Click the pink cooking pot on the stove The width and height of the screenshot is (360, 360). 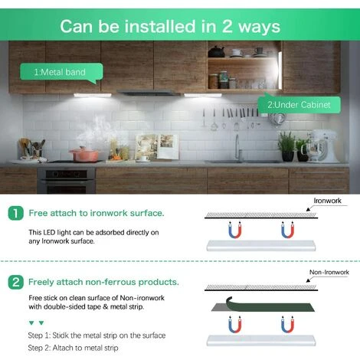coord(84,155)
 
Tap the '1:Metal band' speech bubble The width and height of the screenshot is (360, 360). coord(61,72)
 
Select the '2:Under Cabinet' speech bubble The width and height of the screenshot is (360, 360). coord(299,104)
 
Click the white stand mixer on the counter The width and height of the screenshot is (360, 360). coord(322,146)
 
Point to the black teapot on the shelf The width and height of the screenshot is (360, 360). coord(216,52)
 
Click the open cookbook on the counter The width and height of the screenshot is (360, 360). coord(156,148)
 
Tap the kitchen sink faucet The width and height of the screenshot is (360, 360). coord(237,148)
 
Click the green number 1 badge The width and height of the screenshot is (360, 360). coord(16,213)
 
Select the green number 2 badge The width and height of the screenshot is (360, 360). coord(16,282)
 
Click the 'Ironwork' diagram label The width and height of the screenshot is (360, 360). coord(327,201)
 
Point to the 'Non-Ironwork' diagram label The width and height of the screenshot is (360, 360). coord(329,272)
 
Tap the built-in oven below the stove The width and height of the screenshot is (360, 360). coord(67,181)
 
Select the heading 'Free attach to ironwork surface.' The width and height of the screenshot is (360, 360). coord(97,213)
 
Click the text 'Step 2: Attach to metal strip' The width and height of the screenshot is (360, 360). coord(73,348)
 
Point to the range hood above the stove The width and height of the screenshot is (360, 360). coord(149,93)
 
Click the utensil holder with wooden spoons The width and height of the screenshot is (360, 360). coord(32,149)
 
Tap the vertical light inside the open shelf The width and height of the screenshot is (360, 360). coord(280,70)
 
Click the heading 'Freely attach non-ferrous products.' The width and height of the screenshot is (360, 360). coord(103,282)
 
